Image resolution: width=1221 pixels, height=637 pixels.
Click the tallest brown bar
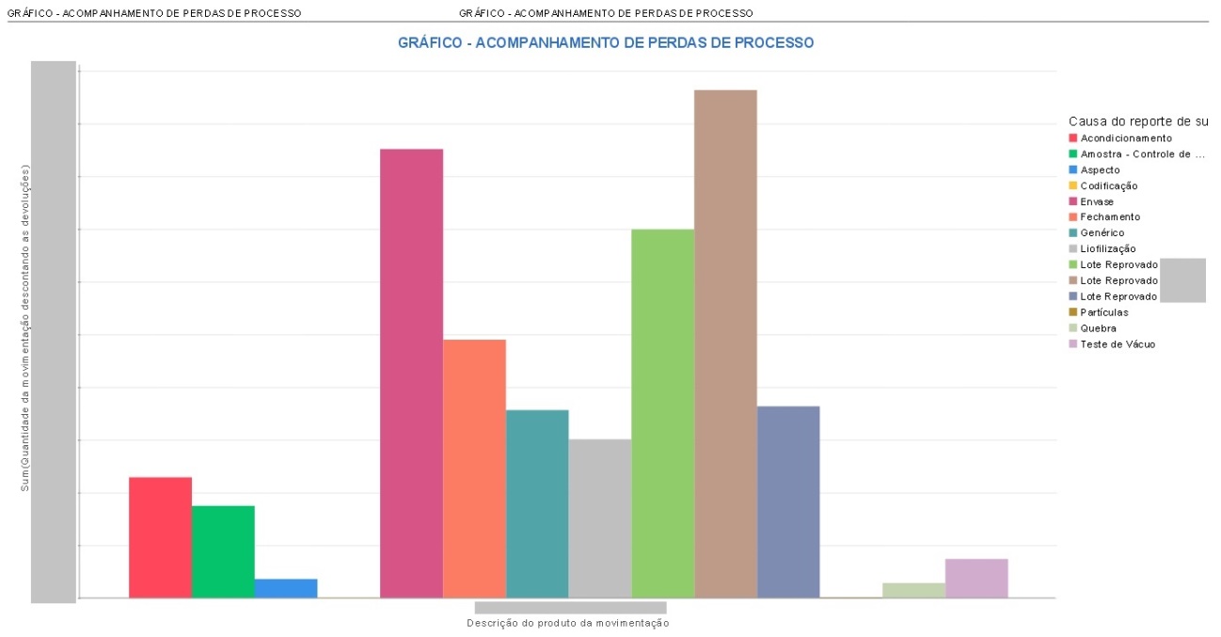725,343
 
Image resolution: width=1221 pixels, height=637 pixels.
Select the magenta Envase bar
411,373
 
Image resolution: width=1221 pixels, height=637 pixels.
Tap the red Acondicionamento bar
160,537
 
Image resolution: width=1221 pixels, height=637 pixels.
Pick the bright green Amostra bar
223,551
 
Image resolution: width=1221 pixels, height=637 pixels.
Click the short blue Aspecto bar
286,588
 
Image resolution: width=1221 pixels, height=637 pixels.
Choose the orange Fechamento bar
474,468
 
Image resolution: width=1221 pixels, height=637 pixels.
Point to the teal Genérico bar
537,503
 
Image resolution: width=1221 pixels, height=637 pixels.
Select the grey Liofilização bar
599,518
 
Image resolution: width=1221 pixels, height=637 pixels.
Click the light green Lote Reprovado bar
662,413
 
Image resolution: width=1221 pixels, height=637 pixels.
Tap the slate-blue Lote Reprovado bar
788,502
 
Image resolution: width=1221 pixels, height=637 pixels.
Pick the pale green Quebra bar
913,590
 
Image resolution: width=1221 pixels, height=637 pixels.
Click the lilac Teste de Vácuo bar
976,578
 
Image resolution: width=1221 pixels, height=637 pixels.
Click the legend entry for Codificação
1108,186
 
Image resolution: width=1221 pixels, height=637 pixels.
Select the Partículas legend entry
1104,312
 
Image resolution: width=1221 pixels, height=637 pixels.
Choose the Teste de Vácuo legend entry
1118,344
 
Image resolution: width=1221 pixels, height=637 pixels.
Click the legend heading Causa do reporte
1137,121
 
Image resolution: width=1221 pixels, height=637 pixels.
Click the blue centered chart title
605,43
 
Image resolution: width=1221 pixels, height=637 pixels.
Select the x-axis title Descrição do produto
567,623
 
